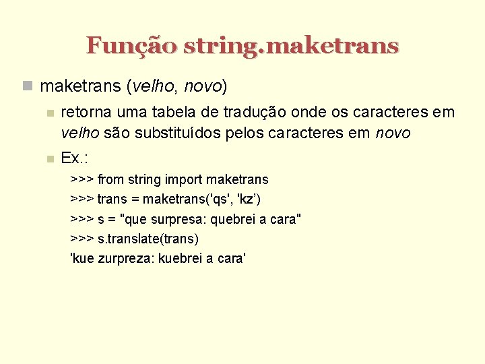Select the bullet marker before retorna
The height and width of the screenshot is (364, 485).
(x=47, y=113)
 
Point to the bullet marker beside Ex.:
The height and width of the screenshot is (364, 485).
(x=47, y=159)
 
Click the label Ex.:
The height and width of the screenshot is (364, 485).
(x=75, y=158)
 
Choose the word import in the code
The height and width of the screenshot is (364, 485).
(x=183, y=179)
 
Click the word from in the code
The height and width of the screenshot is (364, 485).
(x=110, y=179)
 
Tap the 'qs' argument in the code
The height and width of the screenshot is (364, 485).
(x=217, y=199)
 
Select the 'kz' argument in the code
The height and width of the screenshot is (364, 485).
(x=247, y=199)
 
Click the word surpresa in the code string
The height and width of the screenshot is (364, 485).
(x=180, y=219)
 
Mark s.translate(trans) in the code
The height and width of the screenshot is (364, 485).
(x=148, y=239)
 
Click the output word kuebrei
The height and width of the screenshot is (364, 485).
(x=182, y=258)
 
